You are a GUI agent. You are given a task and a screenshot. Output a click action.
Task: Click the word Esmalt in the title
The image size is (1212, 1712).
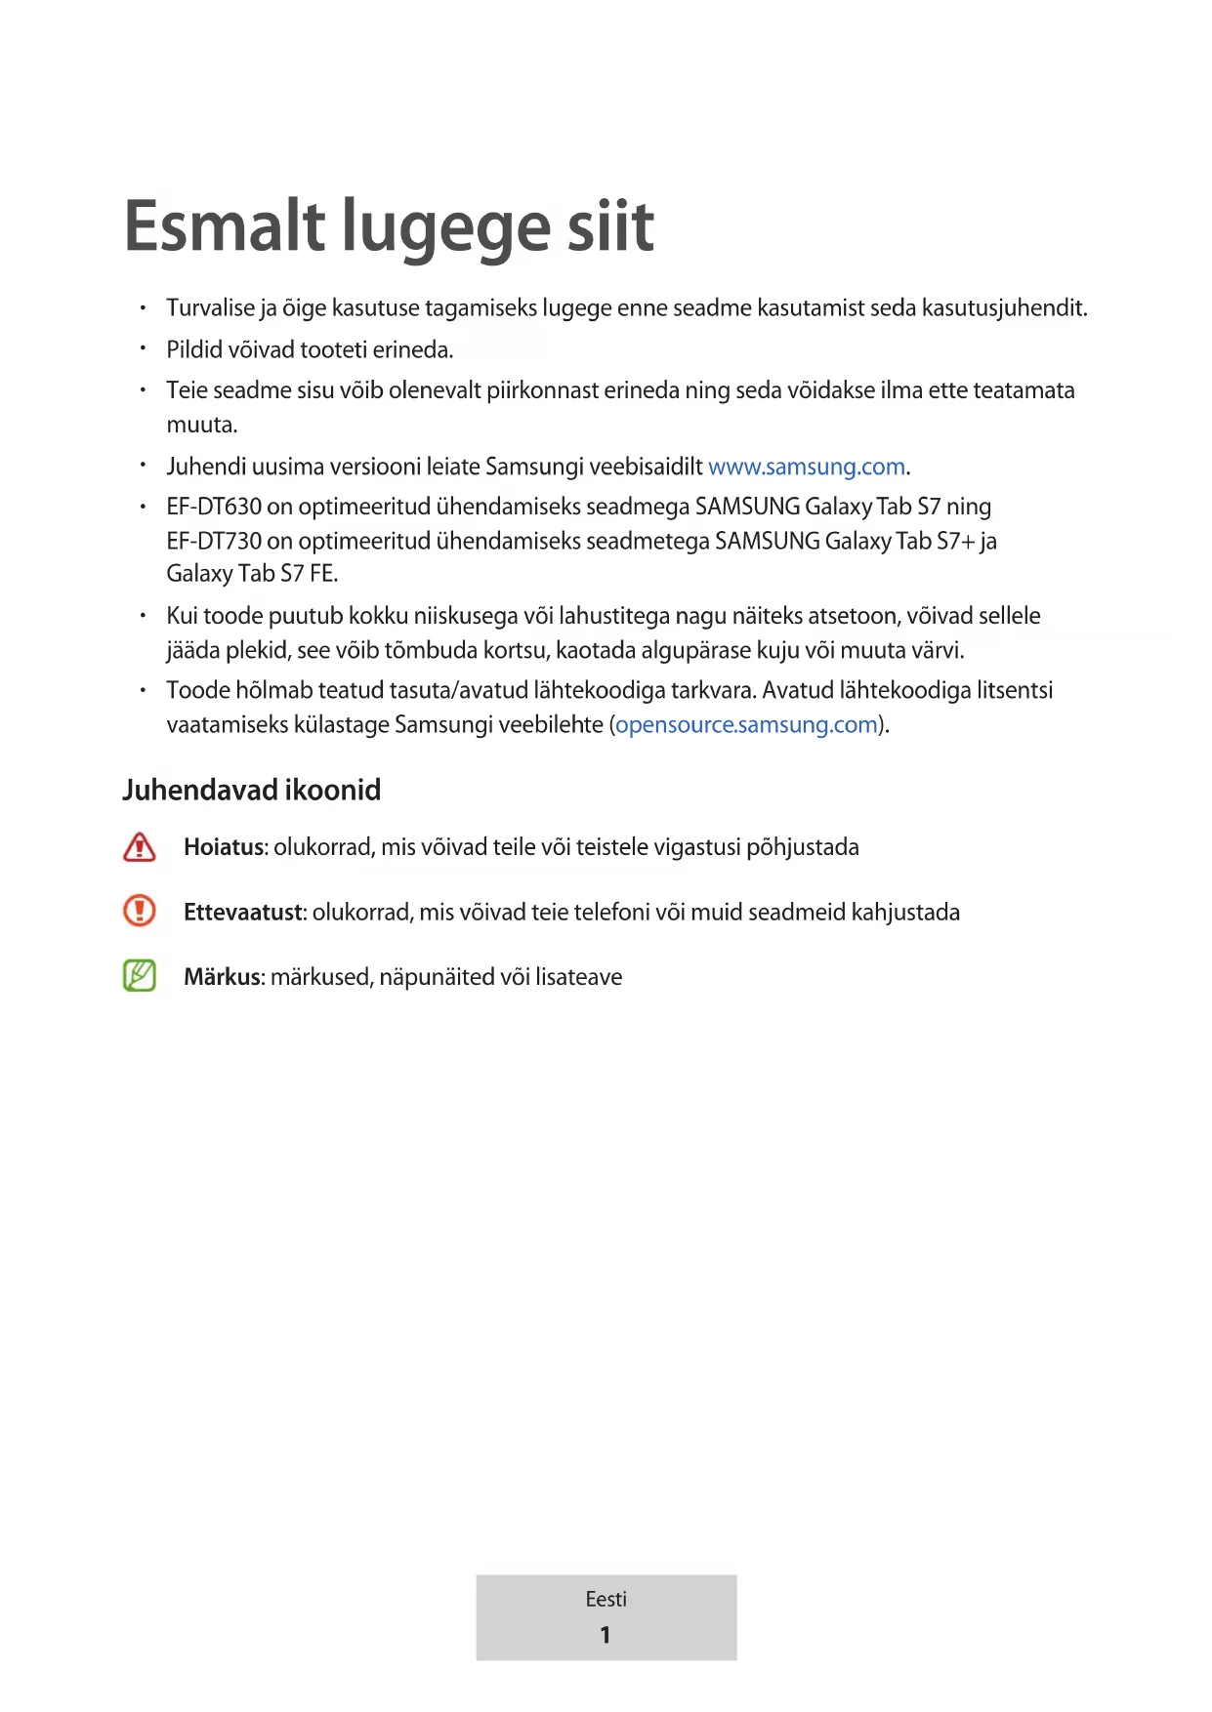[225, 226]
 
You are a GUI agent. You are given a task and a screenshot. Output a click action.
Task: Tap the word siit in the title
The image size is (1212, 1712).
[611, 226]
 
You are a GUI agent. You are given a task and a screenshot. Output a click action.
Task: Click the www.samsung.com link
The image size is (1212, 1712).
[807, 467]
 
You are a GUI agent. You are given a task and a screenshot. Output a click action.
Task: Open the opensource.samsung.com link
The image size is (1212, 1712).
[746, 724]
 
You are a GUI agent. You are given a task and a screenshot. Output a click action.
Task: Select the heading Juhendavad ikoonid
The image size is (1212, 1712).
[252, 790]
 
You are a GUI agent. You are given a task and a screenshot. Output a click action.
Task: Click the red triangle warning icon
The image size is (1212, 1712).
[140, 847]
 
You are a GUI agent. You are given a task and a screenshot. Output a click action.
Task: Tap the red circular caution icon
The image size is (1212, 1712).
[140, 911]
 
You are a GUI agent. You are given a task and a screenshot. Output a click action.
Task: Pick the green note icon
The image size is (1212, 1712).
[140, 975]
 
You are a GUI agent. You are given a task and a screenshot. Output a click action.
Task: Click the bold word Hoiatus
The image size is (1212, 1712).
[224, 847]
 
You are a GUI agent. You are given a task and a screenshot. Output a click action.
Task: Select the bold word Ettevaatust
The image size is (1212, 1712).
[244, 913]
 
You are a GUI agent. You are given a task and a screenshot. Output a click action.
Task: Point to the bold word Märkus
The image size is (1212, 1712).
[223, 977]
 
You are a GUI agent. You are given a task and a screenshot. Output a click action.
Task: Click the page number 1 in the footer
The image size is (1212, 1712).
[606, 1635]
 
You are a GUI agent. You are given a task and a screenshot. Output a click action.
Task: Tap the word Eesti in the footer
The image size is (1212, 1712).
[606, 1599]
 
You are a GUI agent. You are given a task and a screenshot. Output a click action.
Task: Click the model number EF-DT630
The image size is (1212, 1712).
[214, 507]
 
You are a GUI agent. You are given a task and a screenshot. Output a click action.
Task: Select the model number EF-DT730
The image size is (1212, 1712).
[214, 541]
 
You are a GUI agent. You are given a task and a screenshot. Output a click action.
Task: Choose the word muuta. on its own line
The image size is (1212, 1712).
[202, 425]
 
